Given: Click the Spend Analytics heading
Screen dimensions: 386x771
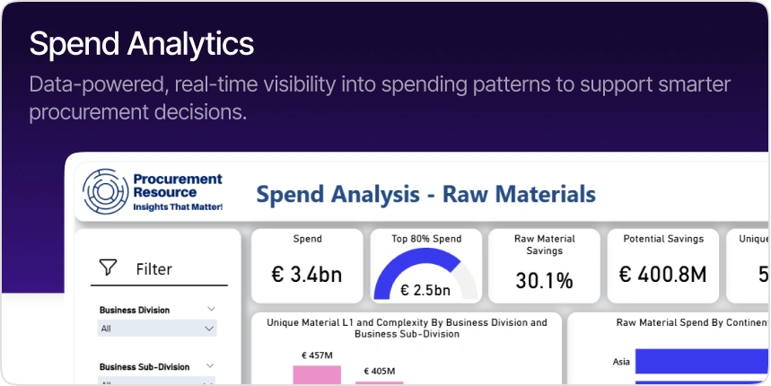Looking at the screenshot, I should [x=141, y=43].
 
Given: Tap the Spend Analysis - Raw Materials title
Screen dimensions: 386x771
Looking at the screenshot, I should [x=425, y=193].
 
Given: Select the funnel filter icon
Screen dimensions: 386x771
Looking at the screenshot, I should [x=109, y=268].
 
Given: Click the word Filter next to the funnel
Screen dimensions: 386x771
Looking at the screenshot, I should [x=153, y=268].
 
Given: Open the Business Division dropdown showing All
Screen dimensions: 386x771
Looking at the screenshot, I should [x=157, y=329].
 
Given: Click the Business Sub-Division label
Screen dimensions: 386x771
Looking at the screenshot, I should [x=145, y=366].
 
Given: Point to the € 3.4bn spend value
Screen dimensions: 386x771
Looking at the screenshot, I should [x=306, y=274].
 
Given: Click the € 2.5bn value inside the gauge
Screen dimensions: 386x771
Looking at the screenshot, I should [x=425, y=290].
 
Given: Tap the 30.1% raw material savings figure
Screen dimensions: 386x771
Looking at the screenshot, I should [x=544, y=280].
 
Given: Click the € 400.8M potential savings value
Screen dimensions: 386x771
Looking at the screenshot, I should [x=663, y=274].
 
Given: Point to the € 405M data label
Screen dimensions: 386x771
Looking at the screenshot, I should [x=380, y=371].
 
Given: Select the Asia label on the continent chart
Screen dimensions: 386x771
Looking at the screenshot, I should [x=620, y=362].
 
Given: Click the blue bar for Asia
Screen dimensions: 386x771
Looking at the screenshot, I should [x=700, y=361].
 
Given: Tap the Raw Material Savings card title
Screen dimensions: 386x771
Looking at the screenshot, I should [x=544, y=245].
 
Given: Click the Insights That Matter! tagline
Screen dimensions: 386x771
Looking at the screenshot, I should [x=177, y=206].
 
